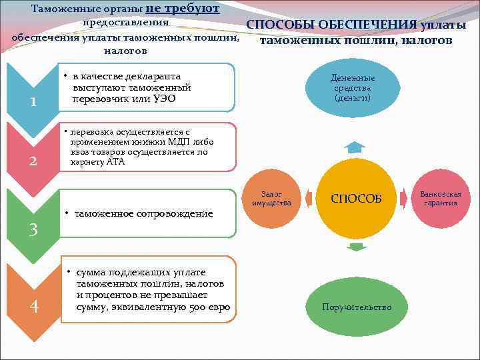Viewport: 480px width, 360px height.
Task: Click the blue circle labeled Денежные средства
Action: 353,87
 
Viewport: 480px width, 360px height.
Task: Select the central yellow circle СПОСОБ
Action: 357,198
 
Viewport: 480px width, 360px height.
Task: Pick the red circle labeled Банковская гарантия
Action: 441,198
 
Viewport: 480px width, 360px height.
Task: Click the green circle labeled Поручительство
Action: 357,307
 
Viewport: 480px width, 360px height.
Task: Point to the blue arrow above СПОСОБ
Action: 357,147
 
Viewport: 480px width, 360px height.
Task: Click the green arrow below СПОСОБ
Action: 357,247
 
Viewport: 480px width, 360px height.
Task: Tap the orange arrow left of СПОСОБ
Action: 310,197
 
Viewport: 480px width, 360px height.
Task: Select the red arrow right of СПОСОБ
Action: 405,197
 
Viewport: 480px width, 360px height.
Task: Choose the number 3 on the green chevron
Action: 33,230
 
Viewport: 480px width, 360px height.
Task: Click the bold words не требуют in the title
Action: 182,8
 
